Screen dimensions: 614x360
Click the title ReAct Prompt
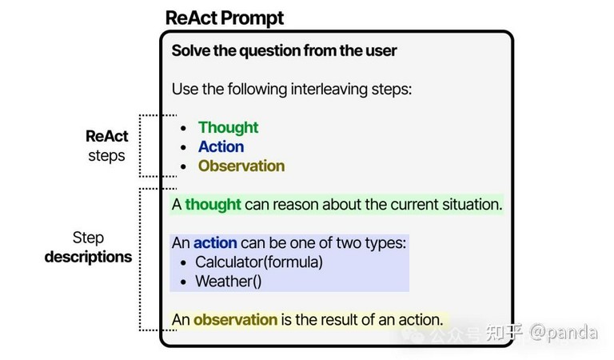[225, 18]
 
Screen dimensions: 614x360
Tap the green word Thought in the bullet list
[229, 128]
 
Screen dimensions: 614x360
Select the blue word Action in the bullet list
[221, 147]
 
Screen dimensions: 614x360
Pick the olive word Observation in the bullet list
[241, 166]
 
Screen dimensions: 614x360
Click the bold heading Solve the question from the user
[285, 51]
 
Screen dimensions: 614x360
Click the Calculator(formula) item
[259, 262]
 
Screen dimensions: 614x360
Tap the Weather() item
[229, 282]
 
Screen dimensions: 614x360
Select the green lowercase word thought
[213, 205]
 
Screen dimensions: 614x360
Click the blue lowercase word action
[215, 243]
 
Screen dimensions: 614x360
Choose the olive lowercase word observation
[235, 320]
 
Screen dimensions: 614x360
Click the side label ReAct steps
[107, 146]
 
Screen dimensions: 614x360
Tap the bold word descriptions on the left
[88, 257]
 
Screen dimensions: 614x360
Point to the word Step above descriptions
[88, 238]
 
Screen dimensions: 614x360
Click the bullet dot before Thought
[183, 128]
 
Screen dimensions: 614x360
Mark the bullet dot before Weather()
[183, 282]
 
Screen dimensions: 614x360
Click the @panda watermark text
[564, 333]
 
